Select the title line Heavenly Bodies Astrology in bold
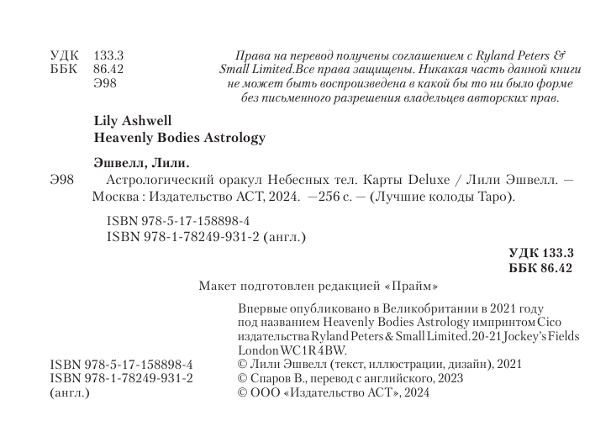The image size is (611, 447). [x=176, y=137]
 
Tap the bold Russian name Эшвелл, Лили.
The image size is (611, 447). [x=140, y=162]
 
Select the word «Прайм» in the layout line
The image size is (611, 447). [x=412, y=285]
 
